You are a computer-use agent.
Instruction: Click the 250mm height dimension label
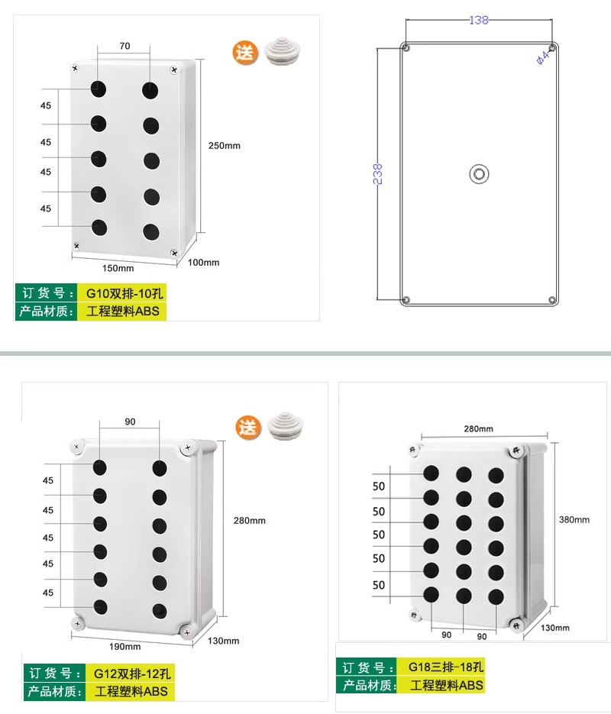click(224, 146)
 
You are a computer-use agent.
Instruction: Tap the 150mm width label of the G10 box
click(118, 268)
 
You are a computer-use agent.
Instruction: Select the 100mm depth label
click(203, 262)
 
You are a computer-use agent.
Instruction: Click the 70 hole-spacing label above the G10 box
click(124, 46)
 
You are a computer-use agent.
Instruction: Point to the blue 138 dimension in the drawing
click(479, 20)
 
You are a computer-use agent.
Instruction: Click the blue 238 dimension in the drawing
click(377, 174)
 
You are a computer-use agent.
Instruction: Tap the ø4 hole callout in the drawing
click(542, 58)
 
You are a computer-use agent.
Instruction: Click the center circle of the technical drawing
click(479, 174)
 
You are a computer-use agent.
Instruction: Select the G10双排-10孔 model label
click(124, 293)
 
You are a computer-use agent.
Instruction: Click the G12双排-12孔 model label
click(132, 674)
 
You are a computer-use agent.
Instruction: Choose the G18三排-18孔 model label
click(446, 667)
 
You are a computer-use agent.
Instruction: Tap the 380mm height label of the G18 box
click(574, 519)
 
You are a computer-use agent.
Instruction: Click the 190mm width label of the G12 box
click(124, 647)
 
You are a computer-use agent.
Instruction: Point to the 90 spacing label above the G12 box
click(130, 422)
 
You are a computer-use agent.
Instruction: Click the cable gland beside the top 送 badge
click(282, 51)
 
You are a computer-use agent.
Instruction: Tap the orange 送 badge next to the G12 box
click(248, 428)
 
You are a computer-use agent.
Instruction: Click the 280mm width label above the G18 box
click(479, 429)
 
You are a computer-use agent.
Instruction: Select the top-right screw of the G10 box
click(174, 70)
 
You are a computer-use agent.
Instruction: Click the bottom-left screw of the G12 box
click(78, 623)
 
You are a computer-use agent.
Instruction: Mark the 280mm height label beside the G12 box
click(250, 521)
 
